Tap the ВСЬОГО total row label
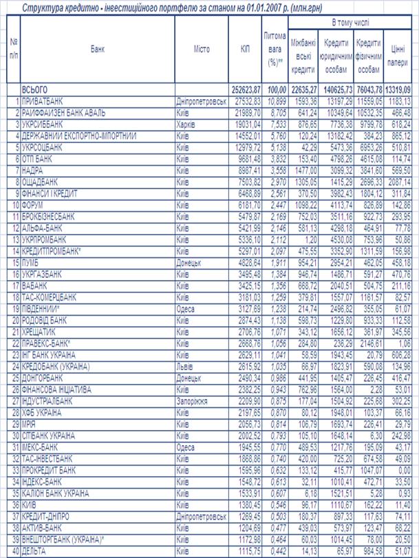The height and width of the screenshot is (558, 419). pos(35,89)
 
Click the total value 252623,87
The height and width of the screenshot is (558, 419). pos(246,89)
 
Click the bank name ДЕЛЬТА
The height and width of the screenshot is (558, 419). pos(35,552)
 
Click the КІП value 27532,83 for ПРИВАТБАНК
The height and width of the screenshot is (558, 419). pos(246,101)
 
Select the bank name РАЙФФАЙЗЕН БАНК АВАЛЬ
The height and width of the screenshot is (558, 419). pos(64,113)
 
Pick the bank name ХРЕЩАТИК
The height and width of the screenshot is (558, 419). pos(42,332)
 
